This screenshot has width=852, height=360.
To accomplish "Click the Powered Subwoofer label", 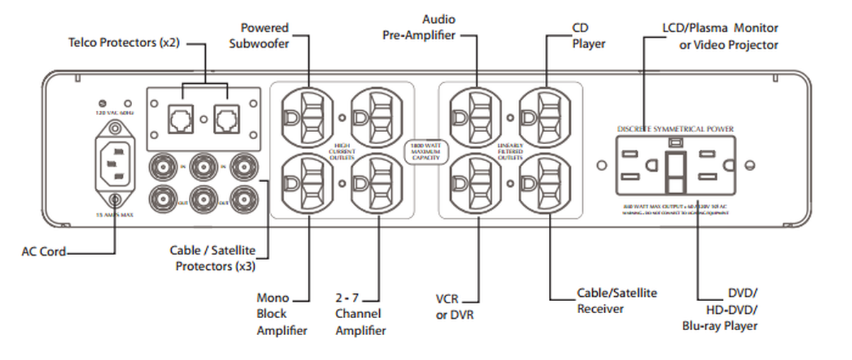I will (x=264, y=36).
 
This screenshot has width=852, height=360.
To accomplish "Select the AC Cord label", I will (x=43, y=251).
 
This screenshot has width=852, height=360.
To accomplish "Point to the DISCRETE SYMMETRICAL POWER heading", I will (x=675, y=129).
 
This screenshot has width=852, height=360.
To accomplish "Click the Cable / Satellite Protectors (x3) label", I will (x=212, y=258).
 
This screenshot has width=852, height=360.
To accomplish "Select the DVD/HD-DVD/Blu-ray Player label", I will (x=720, y=310).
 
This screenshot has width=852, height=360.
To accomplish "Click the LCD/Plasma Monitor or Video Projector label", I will (x=719, y=36).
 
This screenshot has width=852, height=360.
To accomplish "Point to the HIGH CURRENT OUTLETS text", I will (x=342, y=151).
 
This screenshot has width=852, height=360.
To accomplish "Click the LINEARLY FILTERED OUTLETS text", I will (x=510, y=151).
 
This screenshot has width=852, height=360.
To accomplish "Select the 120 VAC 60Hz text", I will (x=114, y=111).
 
